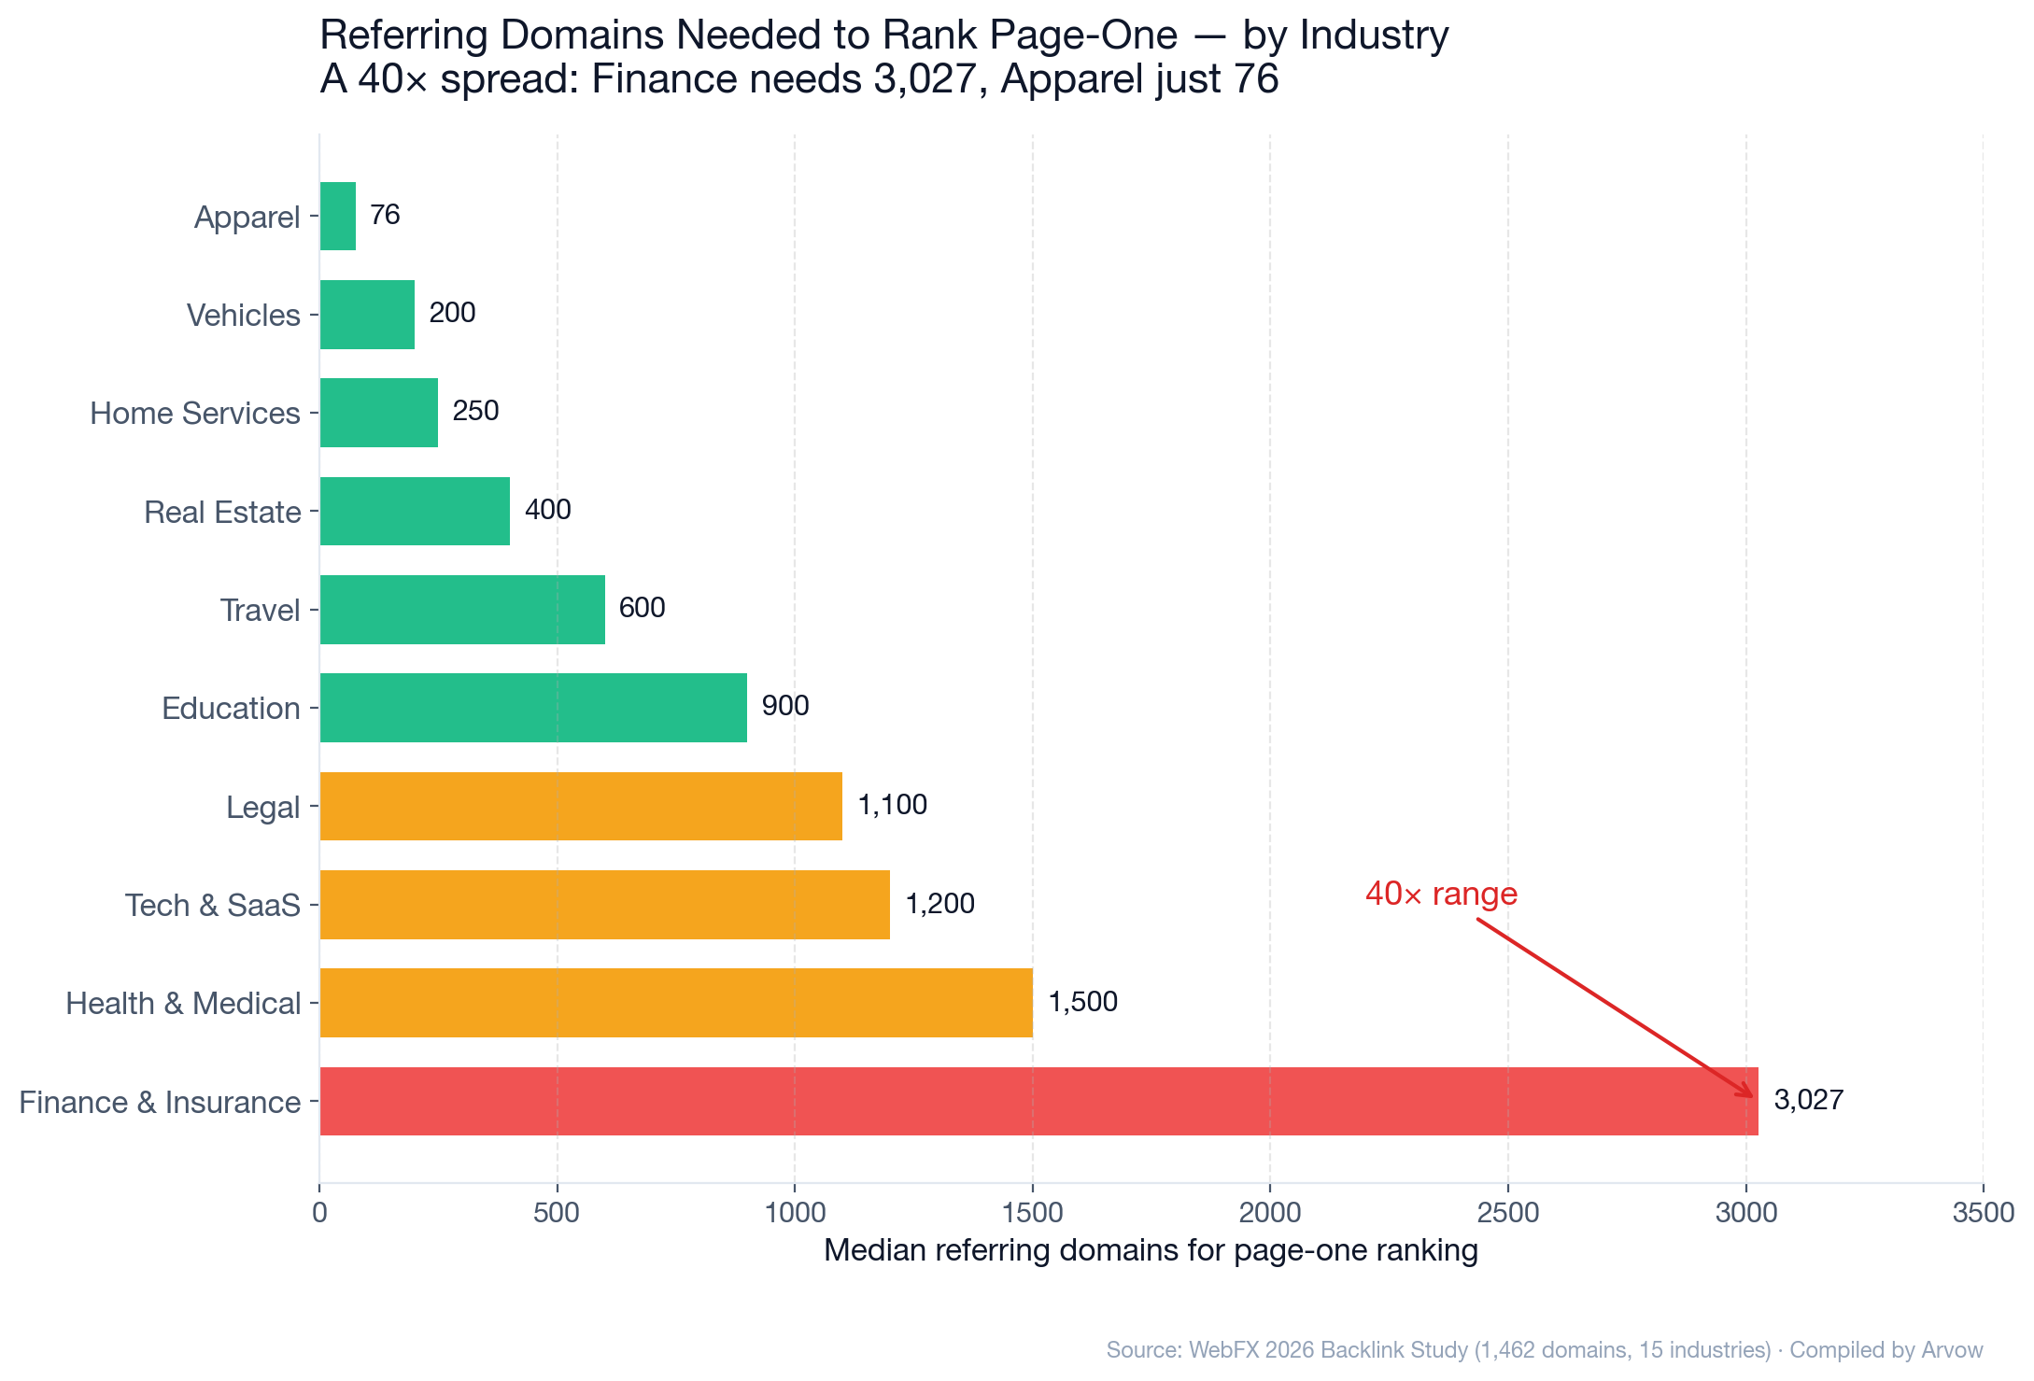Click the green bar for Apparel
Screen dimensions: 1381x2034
point(338,216)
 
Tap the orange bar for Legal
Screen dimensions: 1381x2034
point(581,806)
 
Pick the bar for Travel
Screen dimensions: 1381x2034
point(462,610)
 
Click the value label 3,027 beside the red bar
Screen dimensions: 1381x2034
point(1808,1100)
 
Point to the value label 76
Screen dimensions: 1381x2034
point(385,215)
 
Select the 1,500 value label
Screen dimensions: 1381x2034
point(1082,1002)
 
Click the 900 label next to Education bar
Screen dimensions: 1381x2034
point(784,706)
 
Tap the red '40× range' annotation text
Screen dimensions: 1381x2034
point(1441,894)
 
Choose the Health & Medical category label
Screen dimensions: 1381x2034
point(183,1004)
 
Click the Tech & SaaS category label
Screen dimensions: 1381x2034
point(213,905)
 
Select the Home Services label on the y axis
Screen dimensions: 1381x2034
point(194,413)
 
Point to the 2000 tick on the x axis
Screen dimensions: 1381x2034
point(1269,1213)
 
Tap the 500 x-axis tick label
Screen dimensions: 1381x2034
point(557,1213)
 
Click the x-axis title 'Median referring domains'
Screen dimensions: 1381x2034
point(1151,1250)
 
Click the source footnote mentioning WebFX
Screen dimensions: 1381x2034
point(1544,1349)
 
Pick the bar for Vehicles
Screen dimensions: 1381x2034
point(367,315)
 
